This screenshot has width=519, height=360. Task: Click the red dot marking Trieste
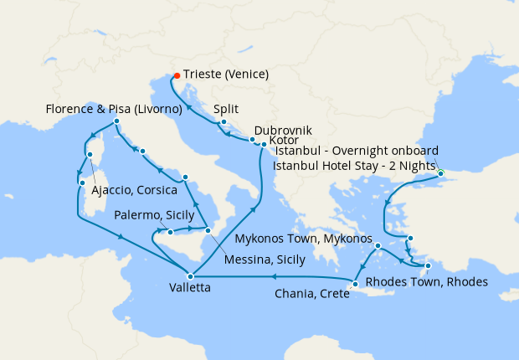tap(175, 75)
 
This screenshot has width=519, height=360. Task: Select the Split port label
tap(228, 109)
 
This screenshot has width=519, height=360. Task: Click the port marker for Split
tap(223, 123)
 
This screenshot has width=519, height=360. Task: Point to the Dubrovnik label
tap(283, 131)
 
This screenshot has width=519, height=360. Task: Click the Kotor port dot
tap(264, 144)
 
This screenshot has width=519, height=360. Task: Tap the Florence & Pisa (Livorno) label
tap(116, 109)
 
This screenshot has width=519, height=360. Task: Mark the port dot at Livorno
tap(116, 121)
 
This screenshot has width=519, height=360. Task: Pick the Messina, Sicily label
tap(264, 260)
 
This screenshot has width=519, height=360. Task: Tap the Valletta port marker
tap(191, 275)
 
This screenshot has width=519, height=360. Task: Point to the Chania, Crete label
tap(312, 294)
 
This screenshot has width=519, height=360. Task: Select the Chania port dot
tap(355, 284)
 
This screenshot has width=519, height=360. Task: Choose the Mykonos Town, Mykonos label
tap(303, 239)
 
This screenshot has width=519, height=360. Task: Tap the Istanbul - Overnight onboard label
tap(357, 151)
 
